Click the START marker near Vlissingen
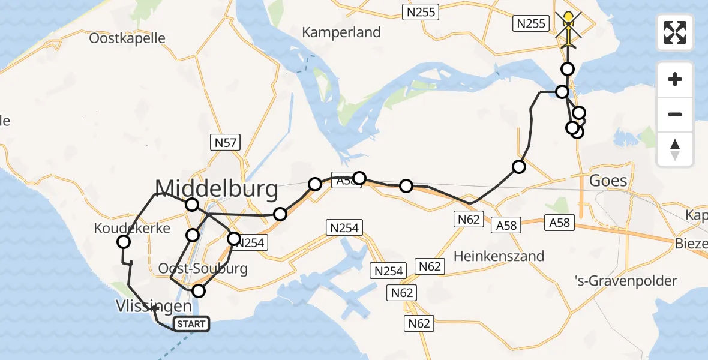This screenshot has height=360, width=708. click(191, 324)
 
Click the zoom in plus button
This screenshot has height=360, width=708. click(675, 80)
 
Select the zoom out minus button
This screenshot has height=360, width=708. click(675, 114)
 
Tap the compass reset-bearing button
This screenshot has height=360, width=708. click(675, 149)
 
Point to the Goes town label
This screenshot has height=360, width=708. click(608, 181)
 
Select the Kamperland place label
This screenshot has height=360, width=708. click(341, 32)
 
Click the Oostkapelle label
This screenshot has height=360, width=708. click(127, 38)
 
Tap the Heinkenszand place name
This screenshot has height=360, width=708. click(499, 256)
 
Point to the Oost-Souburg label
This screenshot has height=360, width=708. click(203, 268)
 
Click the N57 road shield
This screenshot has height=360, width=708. click(226, 143)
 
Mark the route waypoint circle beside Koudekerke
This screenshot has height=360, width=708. click(124, 242)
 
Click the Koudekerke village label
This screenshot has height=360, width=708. click(132, 228)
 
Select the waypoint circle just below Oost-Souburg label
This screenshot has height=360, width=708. click(198, 291)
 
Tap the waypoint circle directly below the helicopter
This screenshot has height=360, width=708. click(567, 68)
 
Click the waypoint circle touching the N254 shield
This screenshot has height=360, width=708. click(233, 238)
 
